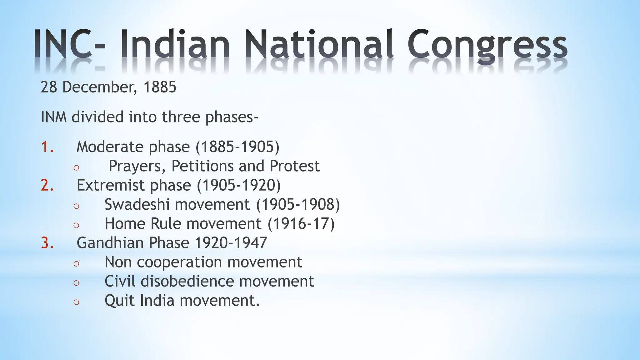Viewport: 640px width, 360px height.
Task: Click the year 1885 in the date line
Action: click(160, 87)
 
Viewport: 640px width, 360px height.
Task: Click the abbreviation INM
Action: click(54, 117)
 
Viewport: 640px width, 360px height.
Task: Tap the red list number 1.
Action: click(47, 147)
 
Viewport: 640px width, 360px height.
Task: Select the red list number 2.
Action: click(47, 185)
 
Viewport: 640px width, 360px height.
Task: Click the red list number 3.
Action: click(47, 243)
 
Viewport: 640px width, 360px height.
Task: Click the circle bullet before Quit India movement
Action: click(76, 302)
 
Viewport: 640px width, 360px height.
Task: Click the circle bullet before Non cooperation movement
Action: click(76, 263)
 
